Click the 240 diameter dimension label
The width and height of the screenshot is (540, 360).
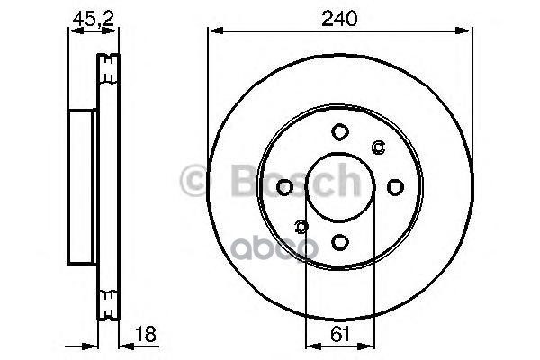pyautogui.click(x=339, y=18)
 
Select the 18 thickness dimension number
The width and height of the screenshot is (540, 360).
pyautogui.click(x=145, y=334)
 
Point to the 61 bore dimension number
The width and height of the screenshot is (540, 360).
pyautogui.click(x=340, y=334)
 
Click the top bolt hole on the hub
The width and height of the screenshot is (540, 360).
pyautogui.click(x=340, y=132)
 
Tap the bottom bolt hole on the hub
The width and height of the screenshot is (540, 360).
pyautogui.click(x=340, y=242)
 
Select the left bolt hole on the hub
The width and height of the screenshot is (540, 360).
pyautogui.click(x=284, y=187)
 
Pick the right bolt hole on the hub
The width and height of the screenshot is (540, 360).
pyautogui.click(x=395, y=187)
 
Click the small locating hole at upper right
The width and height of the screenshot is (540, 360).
pyautogui.click(x=379, y=147)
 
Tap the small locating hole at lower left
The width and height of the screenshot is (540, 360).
pyautogui.click(x=301, y=227)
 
